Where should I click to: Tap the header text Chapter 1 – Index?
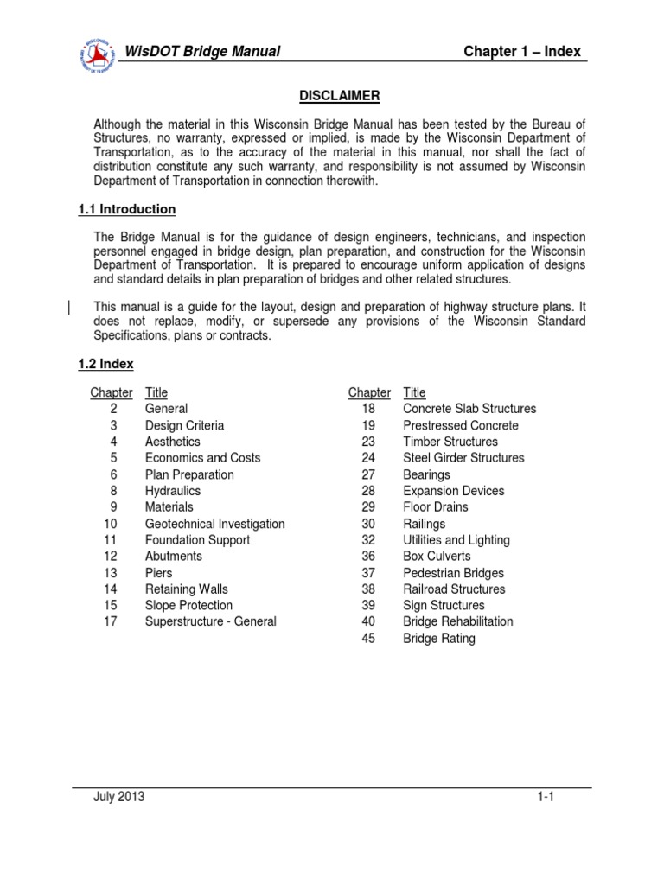[x=522, y=52]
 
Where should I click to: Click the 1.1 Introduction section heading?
[x=127, y=209]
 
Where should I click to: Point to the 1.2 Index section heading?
[x=106, y=364]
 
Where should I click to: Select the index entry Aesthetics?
[x=173, y=442]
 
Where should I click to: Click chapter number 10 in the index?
[x=110, y=524]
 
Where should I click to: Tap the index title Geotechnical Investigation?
[x=214, y=524]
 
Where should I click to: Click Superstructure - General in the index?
[x=211, y=621]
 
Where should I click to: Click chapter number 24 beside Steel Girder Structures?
[x=368, y=458]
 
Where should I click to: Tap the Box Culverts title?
[x=437, y=557]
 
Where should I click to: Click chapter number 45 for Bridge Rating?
[x=368, y=639]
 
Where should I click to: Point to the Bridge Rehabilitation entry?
[x=457, y=621]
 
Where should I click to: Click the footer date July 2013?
[x=119, y=797]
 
